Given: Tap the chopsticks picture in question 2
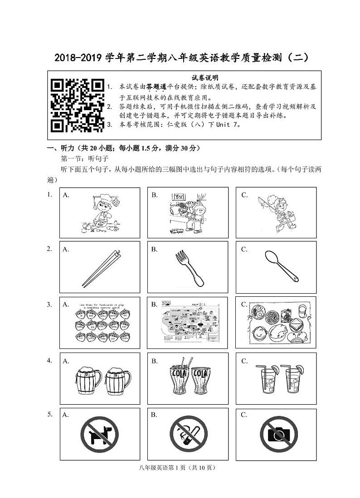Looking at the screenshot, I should [x=101, y=268].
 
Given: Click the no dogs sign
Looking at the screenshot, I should [x=99, y=434].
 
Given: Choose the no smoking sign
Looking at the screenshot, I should [x=189, y=434].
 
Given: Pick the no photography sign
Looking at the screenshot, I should [x=278, y=434].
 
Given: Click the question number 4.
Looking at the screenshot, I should [x=50, y=360].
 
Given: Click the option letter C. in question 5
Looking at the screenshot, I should [x=244, y=414].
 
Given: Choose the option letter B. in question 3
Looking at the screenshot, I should [x=155, y=304].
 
